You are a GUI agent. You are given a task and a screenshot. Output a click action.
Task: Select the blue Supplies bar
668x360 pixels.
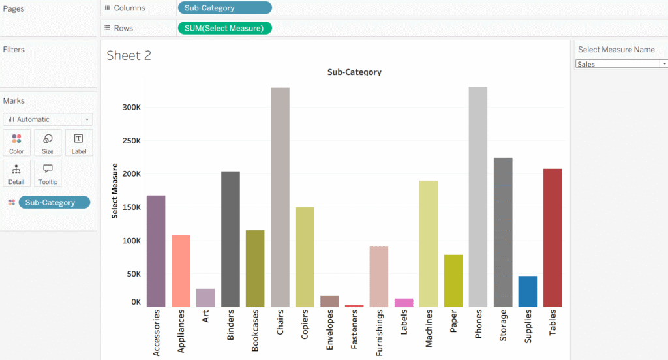(x=528, y=292)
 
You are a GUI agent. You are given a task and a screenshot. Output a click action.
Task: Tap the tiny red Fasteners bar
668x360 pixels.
(x=354, y=305)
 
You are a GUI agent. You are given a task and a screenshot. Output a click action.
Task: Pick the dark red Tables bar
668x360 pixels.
(x=553, y=237)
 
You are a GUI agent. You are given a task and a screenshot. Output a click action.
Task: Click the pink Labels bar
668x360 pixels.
(x=404, y=303)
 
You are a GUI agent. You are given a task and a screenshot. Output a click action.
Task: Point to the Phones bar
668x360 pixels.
(x=478, y=196)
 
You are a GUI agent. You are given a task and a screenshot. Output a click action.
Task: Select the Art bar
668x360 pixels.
(x=205, y=297)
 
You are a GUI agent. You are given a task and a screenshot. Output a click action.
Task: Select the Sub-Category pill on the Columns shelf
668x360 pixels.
(x=224, y=8)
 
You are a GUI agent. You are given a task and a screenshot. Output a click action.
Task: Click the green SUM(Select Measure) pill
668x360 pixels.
(x=224, y=28)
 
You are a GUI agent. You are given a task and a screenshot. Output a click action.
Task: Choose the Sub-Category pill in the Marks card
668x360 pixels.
(x=54, y=203)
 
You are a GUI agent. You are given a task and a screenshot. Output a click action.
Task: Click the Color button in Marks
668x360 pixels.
(x=16, y=143)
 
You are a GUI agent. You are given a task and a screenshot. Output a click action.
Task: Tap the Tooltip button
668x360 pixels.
(x=48, y=173)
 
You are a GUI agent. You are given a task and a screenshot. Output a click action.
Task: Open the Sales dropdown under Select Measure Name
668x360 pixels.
(x=622, y=64)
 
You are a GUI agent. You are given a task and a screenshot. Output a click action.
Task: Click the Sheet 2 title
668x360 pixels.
(x=129, y=55)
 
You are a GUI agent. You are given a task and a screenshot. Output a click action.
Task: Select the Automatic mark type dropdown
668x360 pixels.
(x=48, y=119)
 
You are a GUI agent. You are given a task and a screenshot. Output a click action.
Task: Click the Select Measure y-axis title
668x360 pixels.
(x=115, y=191)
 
